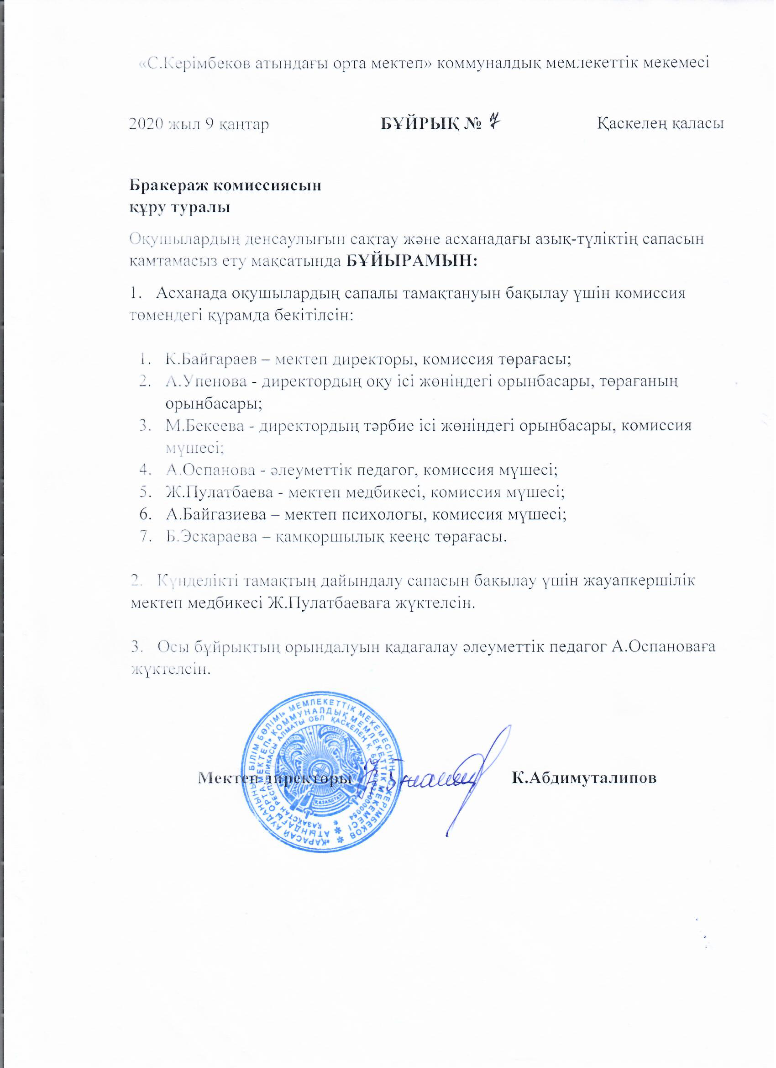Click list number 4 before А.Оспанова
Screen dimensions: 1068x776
click(x=143, y=471)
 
